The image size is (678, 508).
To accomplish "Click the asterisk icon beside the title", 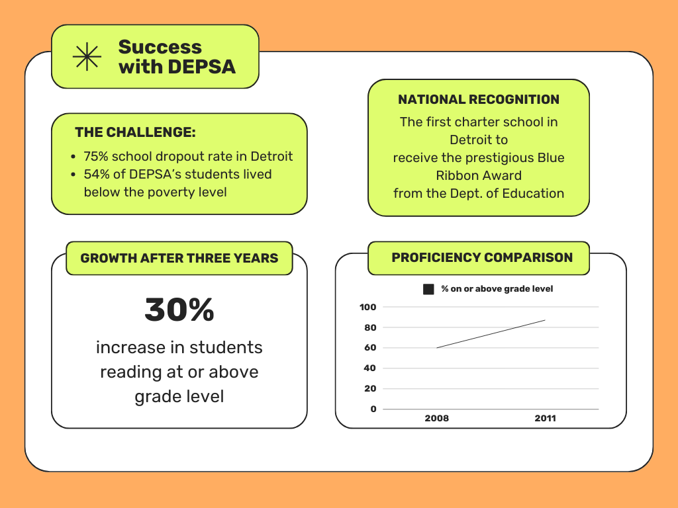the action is (x=87, y=57).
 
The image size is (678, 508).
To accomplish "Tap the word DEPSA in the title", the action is (x=201, y=67).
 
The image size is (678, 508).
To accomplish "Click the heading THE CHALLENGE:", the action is (x=135, y=132).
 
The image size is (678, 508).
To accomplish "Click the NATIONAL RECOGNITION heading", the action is (x=479, y=99).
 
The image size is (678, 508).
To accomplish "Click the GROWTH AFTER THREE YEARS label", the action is (x=179, y=258).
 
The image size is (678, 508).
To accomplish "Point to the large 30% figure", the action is (x=179, y=310).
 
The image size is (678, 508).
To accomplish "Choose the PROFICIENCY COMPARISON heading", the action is (x=482, y=257).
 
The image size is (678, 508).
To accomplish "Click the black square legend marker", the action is (x=428, y=289).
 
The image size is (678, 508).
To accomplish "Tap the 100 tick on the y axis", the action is (x=368, y=307).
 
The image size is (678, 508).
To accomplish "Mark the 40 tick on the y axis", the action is (x=370, y=368).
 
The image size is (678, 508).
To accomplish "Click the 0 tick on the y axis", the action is (x=373, y=409).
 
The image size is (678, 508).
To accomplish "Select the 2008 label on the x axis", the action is (x=437, y=418).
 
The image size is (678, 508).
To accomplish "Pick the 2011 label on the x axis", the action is (x=546, y=418).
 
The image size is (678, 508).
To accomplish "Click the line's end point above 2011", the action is (x=546, y=320).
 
